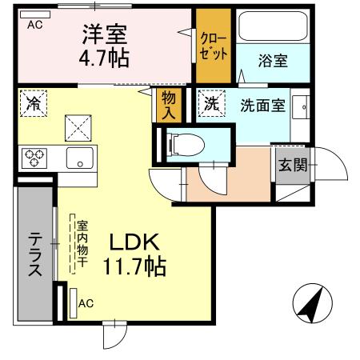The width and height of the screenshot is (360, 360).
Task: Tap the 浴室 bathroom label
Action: [x=272, y=59]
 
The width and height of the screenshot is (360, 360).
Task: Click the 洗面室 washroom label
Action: [x=262, y=103]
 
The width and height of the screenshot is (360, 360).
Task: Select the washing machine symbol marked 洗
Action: [x=210, y=103]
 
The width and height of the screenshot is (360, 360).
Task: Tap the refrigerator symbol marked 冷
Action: [x=34, y=103]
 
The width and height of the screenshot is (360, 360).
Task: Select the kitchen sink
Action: [x=79, y=156]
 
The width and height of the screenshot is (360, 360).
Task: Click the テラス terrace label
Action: [x=36, y=255]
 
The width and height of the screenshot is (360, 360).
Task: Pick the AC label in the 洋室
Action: [x=34, y=25]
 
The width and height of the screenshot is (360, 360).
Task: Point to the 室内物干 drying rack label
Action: [x=82, y=245]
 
